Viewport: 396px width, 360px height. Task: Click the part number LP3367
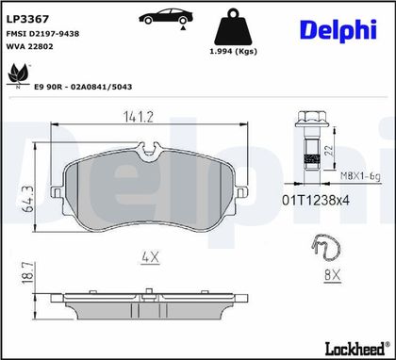click(x=27, y=19)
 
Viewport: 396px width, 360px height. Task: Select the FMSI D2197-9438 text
click(x=42, y=34)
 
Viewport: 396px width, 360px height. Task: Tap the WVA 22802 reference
click(x=30, y=46)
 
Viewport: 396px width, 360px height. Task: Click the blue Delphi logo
click(x=338, y=30)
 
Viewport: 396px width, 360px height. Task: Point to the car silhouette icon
click(x=166, y=17)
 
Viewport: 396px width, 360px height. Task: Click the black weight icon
click(x=233, y=27)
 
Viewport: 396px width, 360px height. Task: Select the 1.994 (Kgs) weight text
click(x=233, y=51)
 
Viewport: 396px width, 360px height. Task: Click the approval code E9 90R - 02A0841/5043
click(x=83, y=87)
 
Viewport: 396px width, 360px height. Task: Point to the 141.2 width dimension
click(x=138, y=117)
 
